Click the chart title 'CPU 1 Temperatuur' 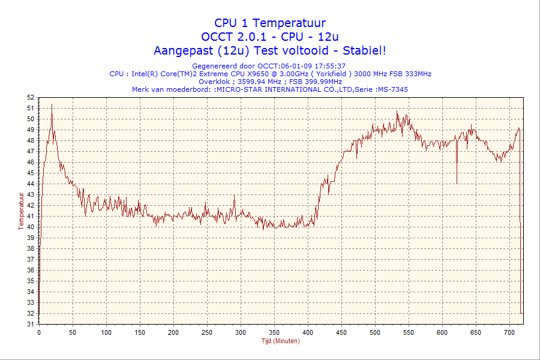270,23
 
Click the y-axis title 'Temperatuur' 21,211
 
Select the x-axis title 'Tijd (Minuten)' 280,341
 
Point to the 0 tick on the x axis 39,332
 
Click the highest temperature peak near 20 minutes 52,104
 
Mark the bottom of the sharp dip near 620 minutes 457,183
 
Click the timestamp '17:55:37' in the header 331,66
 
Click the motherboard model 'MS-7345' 394,89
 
